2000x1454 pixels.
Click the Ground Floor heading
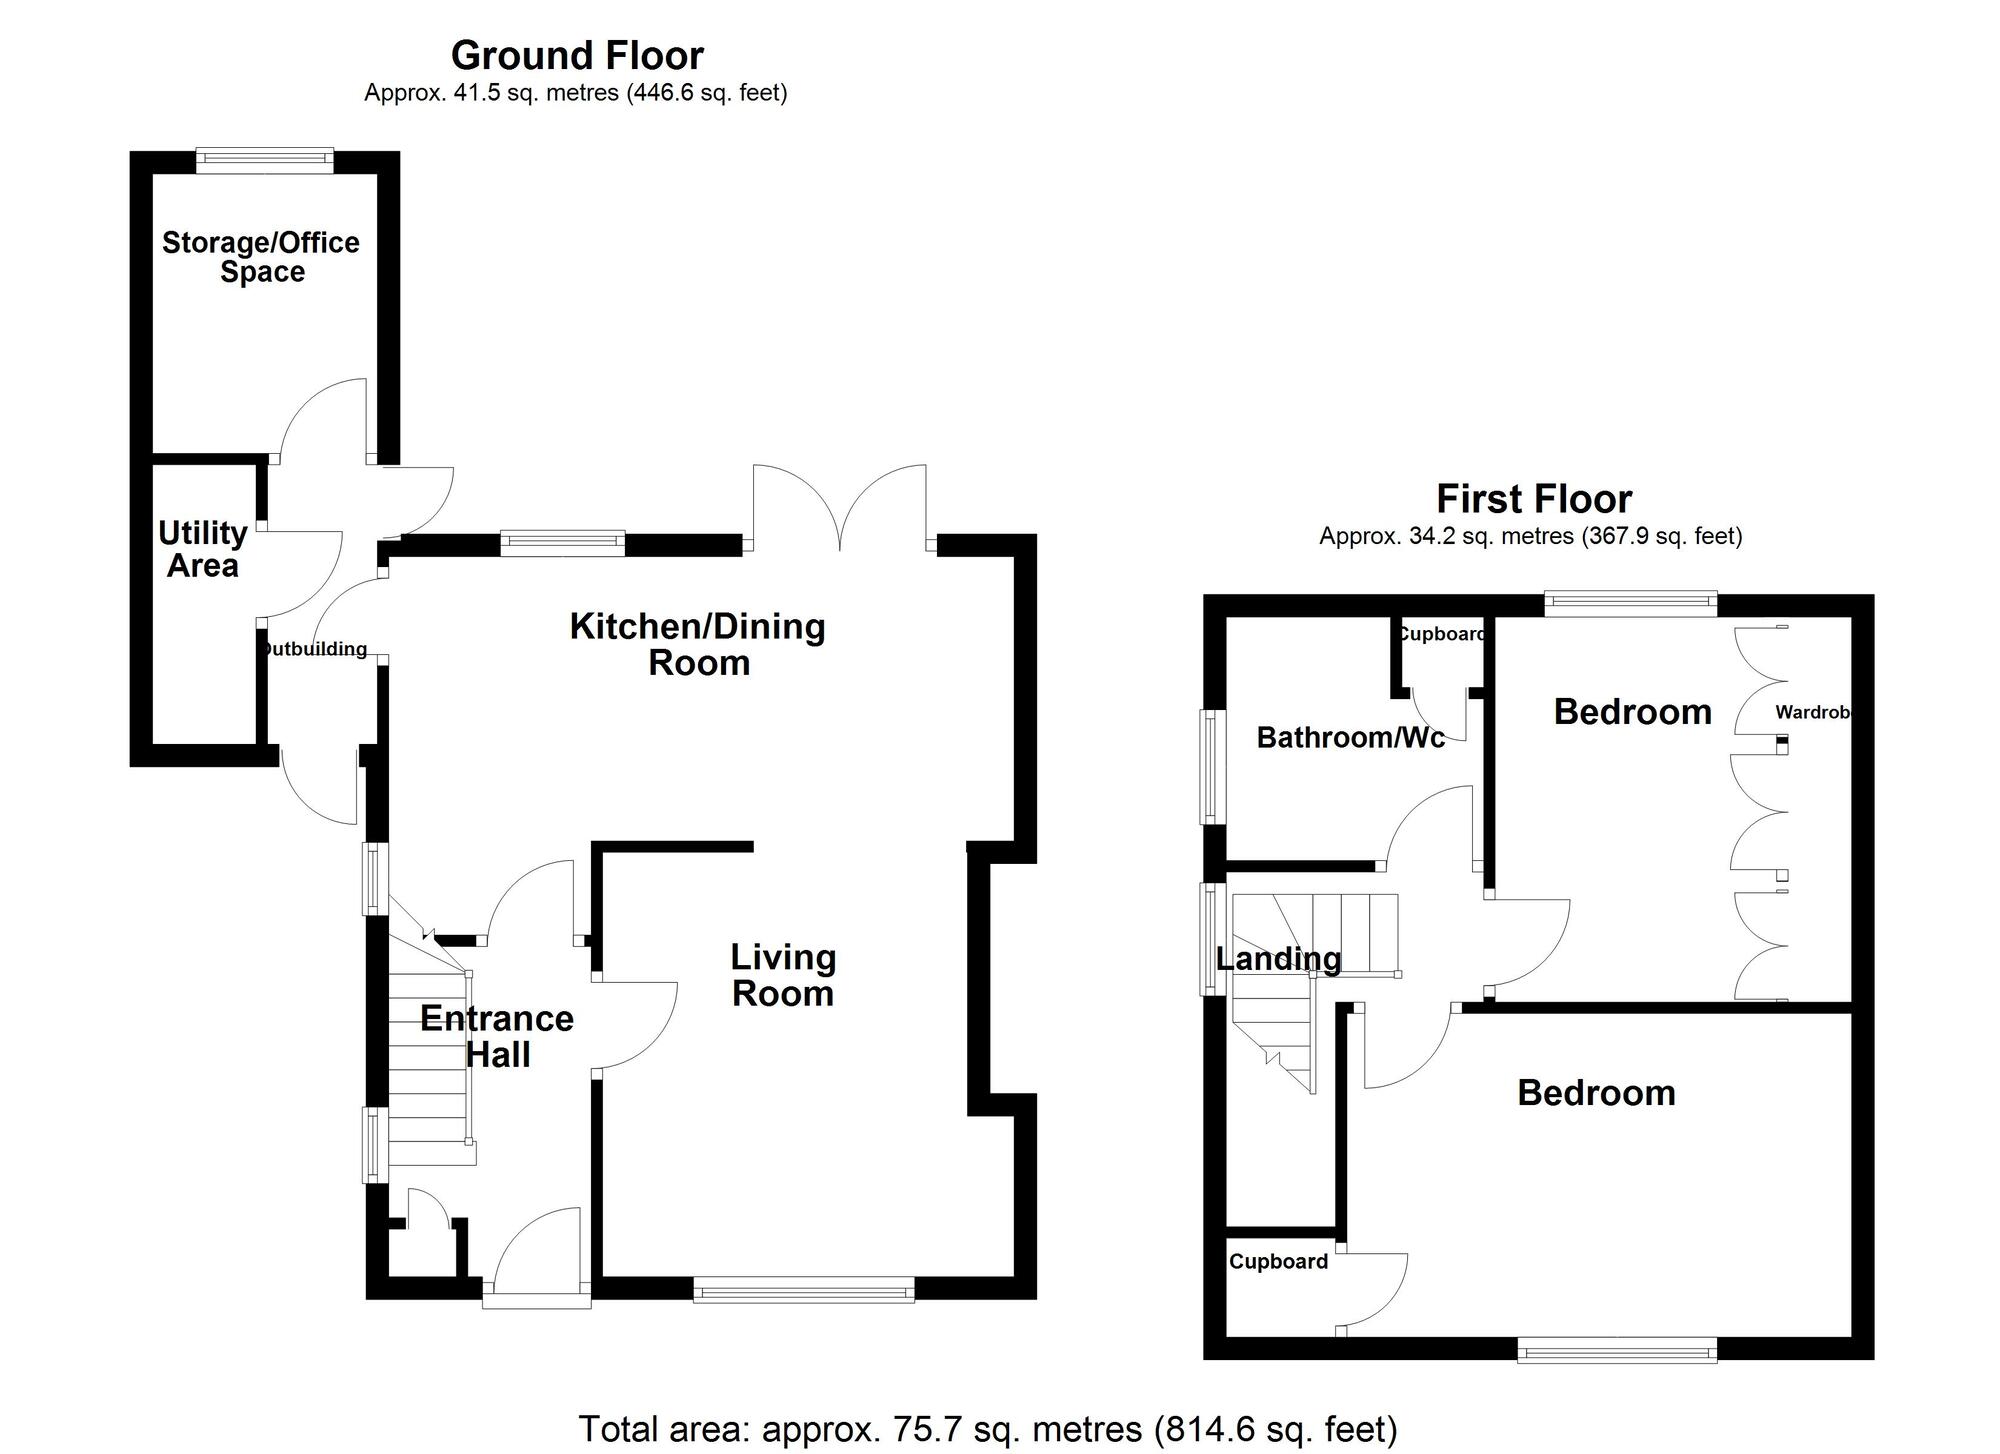pos(577,55)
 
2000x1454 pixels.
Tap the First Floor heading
pos(1534,498)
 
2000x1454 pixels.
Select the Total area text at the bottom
pos(987,1429)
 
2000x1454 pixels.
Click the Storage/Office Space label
pos(261,257)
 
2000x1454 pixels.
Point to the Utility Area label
pos(203,549)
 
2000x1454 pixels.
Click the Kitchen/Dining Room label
pos(698,644)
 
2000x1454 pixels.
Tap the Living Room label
pos(783,975)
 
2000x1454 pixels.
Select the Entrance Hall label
pos(497,1036)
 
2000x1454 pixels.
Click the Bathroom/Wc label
pos(1350,738)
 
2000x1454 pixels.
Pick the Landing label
pos(1278,959)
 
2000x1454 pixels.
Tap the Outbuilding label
pos(314,649)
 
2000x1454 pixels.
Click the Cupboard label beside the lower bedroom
pos(1278,1261)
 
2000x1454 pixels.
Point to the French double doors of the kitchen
pos(840,510)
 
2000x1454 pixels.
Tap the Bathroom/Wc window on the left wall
pos(1213,767)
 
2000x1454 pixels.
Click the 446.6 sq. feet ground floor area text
pos(706,93)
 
